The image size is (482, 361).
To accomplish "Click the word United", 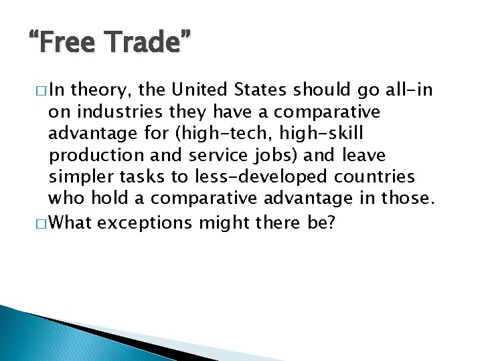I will pyautogui.click(x=204, y=90).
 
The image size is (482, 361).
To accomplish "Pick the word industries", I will pyautogui.click(x=114, y=111).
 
